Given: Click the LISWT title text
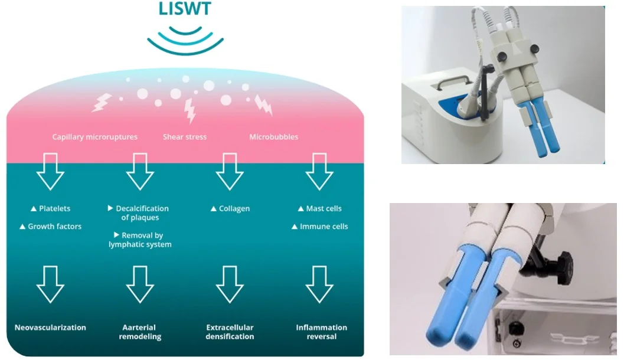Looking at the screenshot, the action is point(185,8).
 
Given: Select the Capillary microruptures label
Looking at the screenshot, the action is point(94,137).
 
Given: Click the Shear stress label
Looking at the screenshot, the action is point(185,137).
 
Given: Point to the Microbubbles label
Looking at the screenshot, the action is point(274,137).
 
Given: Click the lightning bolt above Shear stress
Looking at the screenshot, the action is point(190,110).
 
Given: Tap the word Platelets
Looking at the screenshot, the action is point(54,208).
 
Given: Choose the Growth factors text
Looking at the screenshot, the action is point(54,227).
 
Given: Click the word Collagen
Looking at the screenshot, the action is point(234,208).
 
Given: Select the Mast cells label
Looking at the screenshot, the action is point(324,208).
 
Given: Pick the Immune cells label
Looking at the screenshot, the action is point(324,227).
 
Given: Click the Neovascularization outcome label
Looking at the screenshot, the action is point(50,328).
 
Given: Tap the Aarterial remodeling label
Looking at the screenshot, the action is point(140,332).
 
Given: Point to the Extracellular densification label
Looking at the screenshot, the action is point(230,332).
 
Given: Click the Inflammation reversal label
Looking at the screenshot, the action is point(322,332).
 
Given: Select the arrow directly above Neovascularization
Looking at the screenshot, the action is point(51,284).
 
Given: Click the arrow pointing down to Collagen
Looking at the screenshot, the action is point(230,172).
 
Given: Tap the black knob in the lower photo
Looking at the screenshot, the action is point(559,266).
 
